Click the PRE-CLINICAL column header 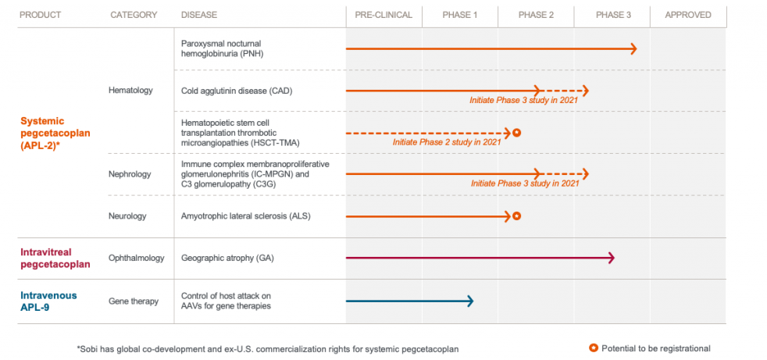tap(383, 15)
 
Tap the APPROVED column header tap(687, 15)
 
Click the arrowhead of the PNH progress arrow tap(633, 48)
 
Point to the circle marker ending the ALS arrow tap(516, 216)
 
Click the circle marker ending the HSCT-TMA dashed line tap(516, 133)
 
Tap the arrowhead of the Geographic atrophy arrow tap(611, 258)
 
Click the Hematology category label tap(130, 91)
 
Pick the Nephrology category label tap(130, 174)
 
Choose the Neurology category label tap(128, 216)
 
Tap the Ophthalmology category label tap(137, 258)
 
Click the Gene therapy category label tap(134, 301)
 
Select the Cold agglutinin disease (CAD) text tap(237, 91)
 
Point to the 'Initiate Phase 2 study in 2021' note tap(446, 142)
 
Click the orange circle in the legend tap(594, 348)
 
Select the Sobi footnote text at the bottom tap(267, 348)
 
